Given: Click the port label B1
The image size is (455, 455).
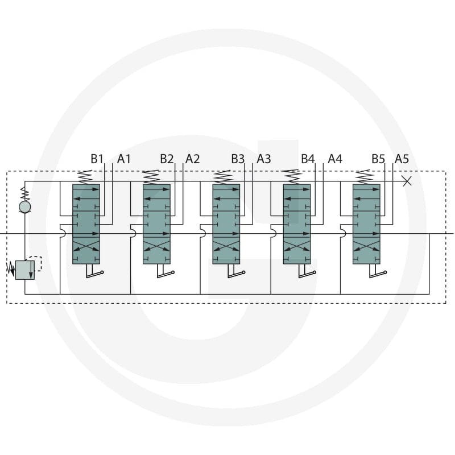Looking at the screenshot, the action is click(x=97, y=159).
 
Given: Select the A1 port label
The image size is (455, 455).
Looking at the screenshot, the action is click(x=124, y=159).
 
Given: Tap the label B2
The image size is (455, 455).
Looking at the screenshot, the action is click(x=167, y=159).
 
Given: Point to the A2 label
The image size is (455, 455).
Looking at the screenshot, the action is click(x=193, y=159).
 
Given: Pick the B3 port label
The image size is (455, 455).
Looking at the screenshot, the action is click(x=238, y=159).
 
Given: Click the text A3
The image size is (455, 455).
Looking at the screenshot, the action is click(x=264, y=159).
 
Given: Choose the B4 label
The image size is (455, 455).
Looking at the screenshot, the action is click(x=308, y=159).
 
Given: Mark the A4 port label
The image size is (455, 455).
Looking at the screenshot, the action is click(x=335, y=159).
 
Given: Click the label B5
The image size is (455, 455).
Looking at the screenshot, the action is click(x=378, y=159).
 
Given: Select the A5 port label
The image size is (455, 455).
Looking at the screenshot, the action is click(x=402, y=159).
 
